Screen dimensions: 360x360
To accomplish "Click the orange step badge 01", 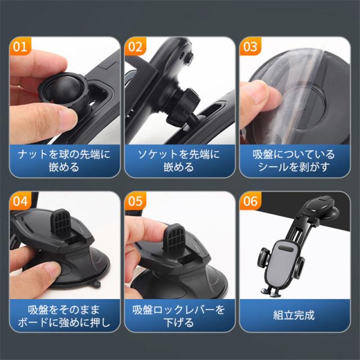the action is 20,46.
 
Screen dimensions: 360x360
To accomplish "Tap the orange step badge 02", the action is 135,46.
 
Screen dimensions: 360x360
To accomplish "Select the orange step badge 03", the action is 250,46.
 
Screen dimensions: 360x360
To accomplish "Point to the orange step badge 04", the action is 20,201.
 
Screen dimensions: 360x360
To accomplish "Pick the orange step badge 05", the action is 135,201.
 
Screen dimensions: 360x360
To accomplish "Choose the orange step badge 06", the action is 250,201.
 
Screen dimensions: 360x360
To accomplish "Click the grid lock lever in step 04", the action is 61,223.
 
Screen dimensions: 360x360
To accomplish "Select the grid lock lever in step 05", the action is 174,238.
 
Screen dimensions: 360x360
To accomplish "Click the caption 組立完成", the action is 294,315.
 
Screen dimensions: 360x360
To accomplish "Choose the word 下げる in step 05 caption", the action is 179,323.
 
